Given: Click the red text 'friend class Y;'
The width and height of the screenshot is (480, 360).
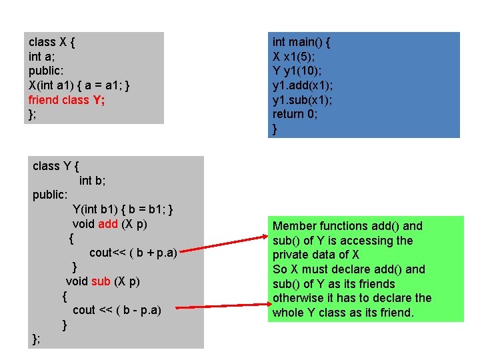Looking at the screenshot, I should click(67, 100).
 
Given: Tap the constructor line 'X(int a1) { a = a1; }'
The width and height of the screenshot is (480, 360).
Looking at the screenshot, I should click(79, 85).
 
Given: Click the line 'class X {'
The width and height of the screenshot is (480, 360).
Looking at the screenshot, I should click(51, 41).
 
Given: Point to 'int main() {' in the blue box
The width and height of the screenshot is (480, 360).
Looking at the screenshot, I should click(301, 42).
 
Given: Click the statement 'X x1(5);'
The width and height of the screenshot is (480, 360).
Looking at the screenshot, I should click(294, 57).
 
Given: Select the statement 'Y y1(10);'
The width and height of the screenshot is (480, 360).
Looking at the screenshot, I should click(297, 71).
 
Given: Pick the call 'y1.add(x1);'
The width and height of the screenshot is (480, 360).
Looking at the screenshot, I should click(303, 85).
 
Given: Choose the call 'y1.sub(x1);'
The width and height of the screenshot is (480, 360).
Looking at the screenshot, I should click(303, 100).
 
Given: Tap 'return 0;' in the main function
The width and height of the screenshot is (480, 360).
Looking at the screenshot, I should click(295, 114).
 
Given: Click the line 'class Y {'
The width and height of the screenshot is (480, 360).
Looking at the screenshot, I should click(55, 166).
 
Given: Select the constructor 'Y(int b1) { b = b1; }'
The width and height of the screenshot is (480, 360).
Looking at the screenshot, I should click(123, 209).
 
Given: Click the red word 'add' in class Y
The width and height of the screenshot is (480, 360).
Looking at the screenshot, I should click(108, 224).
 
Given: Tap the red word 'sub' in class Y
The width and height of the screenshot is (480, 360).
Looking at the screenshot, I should click(101, 281).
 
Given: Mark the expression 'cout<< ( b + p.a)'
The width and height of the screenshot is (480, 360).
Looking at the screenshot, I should click(133, 253).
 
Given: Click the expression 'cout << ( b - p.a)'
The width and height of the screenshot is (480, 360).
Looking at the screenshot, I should click(117, 310).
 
